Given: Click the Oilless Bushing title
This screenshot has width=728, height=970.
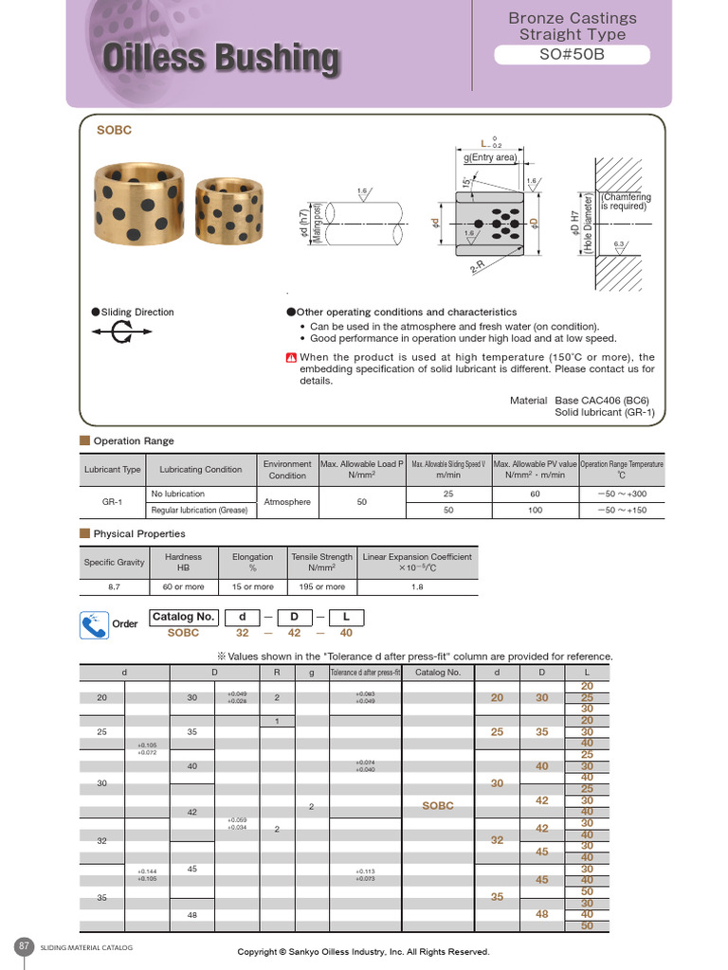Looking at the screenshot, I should [x=220, y=59].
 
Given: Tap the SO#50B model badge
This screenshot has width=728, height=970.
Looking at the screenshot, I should [x=572, y=54].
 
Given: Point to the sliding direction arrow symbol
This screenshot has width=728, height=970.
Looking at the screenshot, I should [x=122, y=332].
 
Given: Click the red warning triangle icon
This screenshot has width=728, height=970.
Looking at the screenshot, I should [x=291, y=357].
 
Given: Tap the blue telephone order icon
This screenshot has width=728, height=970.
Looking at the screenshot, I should [x=94, y=624].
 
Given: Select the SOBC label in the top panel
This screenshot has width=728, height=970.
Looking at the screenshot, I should [x=114, y=130].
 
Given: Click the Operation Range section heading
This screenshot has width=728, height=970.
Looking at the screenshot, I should [x=133, y=440].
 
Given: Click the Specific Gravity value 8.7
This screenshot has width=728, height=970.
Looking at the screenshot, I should [x=114, y=586].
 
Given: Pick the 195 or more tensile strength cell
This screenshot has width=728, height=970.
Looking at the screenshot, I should [x=321, y=586].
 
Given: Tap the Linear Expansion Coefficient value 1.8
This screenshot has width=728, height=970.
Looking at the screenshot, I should [x=416, y=586].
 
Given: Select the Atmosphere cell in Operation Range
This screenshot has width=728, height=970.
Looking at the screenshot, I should [x=286, y=502].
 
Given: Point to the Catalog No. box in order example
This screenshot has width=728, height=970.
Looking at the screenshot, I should [x=183, y=617].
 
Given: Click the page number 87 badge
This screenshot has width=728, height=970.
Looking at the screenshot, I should [x=25, y=945].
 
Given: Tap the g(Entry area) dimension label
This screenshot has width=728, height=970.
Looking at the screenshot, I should [x=490, y=157].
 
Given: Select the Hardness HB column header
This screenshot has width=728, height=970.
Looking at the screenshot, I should [x=183, y=563].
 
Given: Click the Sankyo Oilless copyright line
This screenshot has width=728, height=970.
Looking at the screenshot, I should [x=363, y=951].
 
